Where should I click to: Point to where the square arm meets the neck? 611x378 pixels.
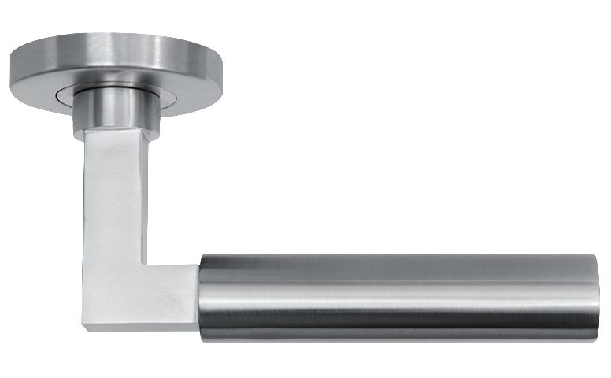[110, 130]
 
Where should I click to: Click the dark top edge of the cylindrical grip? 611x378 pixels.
[398, 258]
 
